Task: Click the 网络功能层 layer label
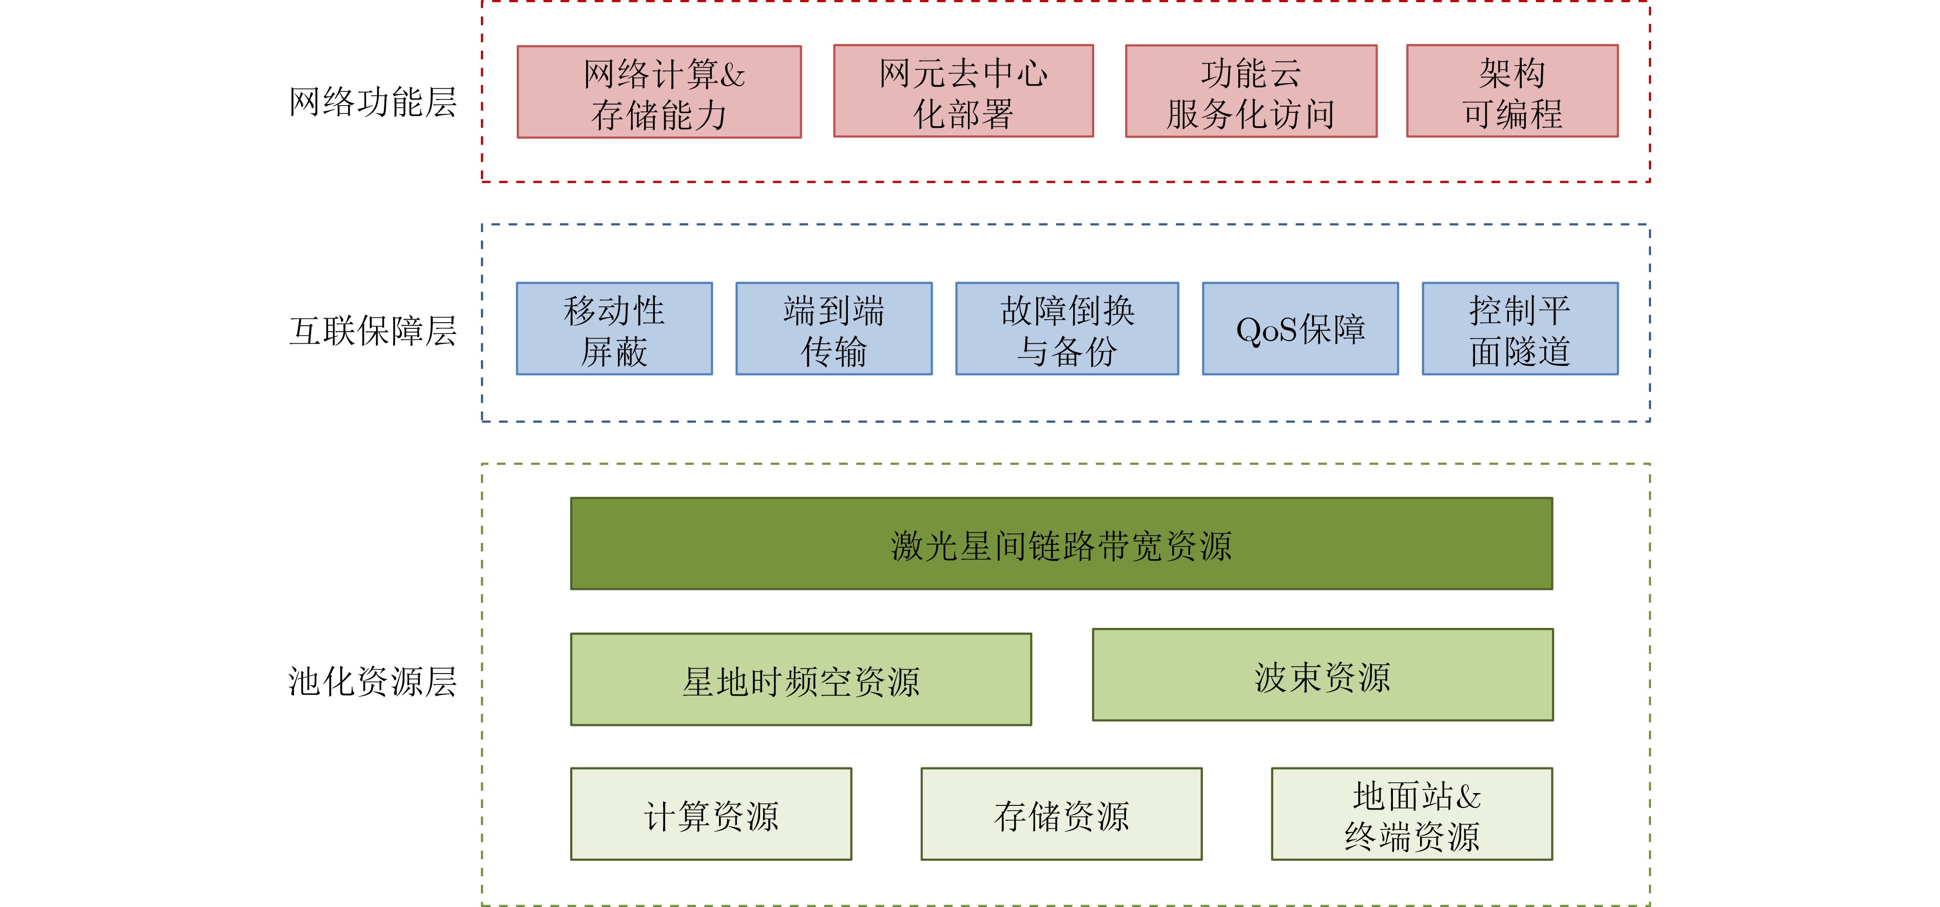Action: [373, 102]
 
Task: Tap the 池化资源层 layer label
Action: [373, 682]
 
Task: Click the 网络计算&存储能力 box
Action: [659, 92]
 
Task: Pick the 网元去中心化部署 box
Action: [963, 91]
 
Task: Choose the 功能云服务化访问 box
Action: [1251, 91]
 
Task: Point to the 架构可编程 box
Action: [1512, 91]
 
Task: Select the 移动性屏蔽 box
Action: [614, 329]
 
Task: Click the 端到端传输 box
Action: [833, 329]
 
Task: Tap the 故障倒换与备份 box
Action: [1067, 329]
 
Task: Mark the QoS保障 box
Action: [1301, 329]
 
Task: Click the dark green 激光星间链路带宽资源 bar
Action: [1062, 543]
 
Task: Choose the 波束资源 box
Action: [1323, 675]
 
